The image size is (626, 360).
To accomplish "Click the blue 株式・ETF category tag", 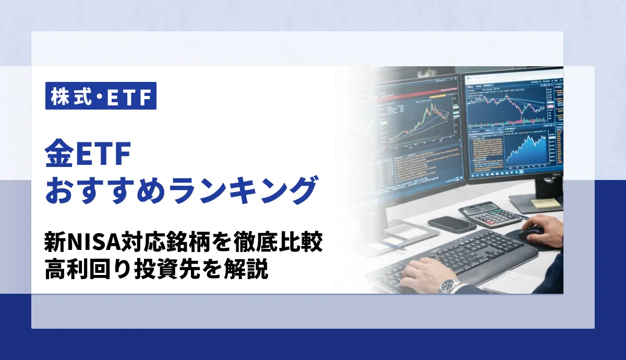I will tap(101, 96).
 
